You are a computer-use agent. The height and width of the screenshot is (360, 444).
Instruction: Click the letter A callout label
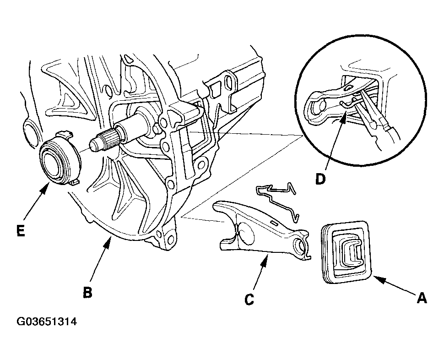click(422, 298)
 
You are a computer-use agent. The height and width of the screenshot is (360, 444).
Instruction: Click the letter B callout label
click(88, 292)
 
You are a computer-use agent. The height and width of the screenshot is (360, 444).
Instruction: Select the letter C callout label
click(249, 300)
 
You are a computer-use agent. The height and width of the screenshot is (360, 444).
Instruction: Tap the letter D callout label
click(320, 179)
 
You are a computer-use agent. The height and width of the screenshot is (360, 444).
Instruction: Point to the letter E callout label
click(21, 230)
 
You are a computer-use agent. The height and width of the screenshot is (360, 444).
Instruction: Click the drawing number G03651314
click(46, 322)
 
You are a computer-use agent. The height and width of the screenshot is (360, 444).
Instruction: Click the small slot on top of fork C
click(274, 223)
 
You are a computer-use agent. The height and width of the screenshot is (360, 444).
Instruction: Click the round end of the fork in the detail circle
click(317, 107)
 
